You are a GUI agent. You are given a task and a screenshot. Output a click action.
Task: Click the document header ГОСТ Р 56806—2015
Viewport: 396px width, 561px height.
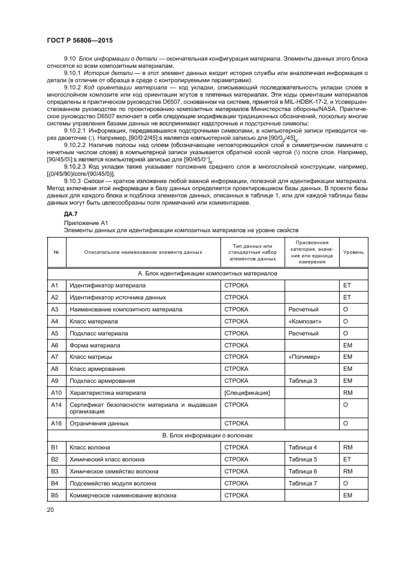pos(80,40)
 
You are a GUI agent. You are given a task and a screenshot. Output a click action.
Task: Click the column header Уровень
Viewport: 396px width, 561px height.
pos(353,252)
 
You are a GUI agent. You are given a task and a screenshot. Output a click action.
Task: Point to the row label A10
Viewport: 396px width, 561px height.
pos(56,392)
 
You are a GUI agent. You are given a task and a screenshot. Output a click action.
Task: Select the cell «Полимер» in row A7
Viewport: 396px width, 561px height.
pos(304,357)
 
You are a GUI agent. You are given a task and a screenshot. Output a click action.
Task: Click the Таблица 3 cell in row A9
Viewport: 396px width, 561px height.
pos(303,380)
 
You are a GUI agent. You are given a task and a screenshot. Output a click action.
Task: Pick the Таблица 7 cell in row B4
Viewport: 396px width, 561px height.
pos(303,483)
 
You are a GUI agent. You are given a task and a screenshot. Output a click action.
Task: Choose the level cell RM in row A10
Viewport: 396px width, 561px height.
pos(347,392)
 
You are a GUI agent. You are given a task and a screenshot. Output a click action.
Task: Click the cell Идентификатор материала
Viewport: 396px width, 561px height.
pos(108,286)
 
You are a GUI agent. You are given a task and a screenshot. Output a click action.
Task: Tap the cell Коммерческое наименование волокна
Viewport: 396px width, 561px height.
pos(123,496)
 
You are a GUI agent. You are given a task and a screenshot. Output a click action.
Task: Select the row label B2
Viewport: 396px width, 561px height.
pos(55,459)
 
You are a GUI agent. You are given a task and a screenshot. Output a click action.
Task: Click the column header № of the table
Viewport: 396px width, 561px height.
pos(56,252)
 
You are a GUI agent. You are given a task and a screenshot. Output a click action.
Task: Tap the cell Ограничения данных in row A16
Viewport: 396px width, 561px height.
pos(99,423)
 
